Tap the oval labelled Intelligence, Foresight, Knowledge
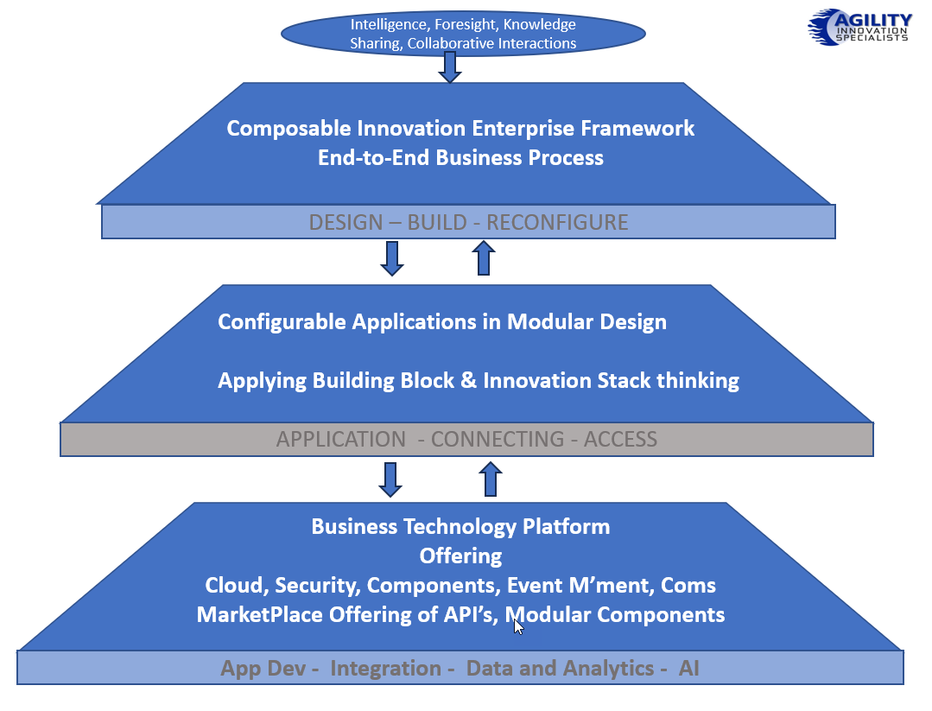coord(463,33)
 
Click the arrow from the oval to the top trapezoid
coord(449,67)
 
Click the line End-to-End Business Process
coord(460,158)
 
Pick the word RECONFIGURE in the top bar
coord(557,222)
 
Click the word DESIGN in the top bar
coord(346,222)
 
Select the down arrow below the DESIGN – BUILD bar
coord(392,258)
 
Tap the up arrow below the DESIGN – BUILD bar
coord(484,257)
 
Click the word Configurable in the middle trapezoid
coord(282,322)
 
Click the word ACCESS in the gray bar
coord(620,439)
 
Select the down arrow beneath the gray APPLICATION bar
coord(390,479)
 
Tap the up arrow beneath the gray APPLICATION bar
coord(491,479)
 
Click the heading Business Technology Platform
coord(460,527)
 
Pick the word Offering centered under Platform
coord(460,555)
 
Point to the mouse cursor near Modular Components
coord(518,626)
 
